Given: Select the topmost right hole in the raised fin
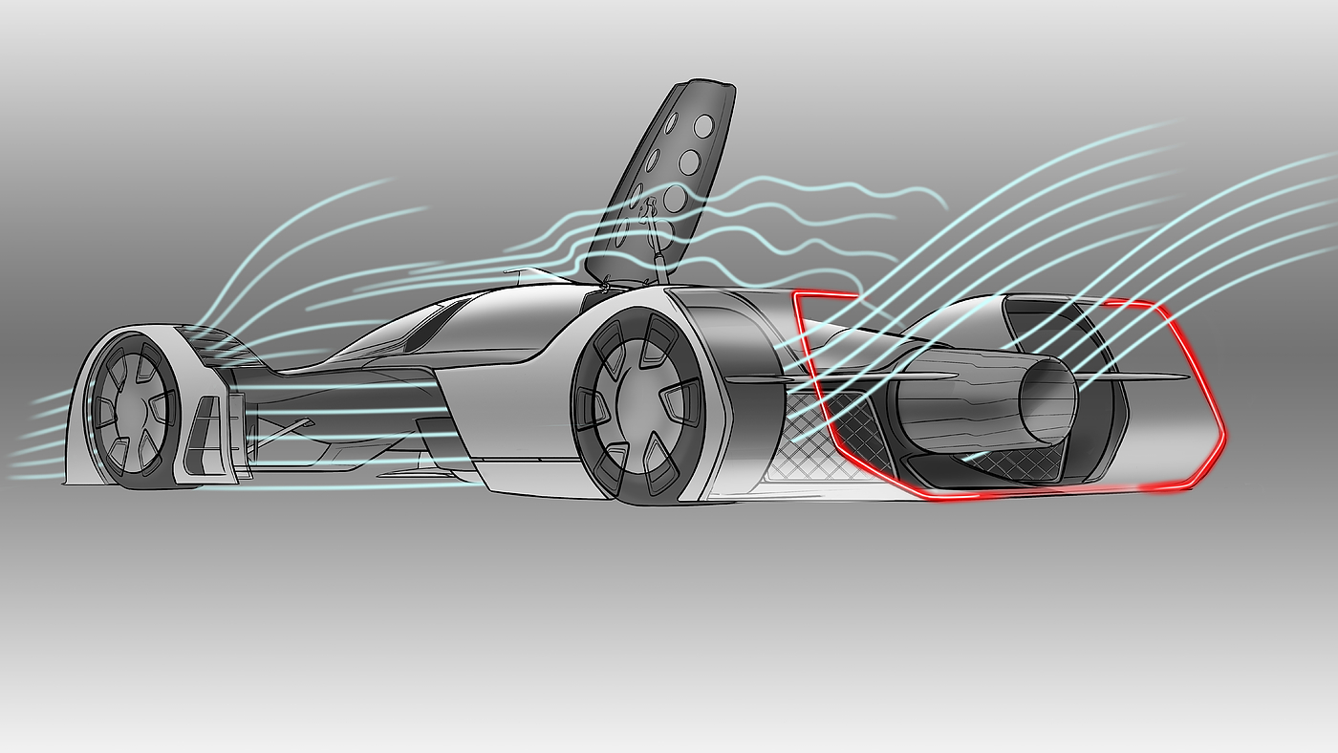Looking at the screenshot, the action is [703, 126].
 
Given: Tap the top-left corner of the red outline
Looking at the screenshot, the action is [796, 295].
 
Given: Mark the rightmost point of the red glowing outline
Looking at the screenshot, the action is [1224, 438].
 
